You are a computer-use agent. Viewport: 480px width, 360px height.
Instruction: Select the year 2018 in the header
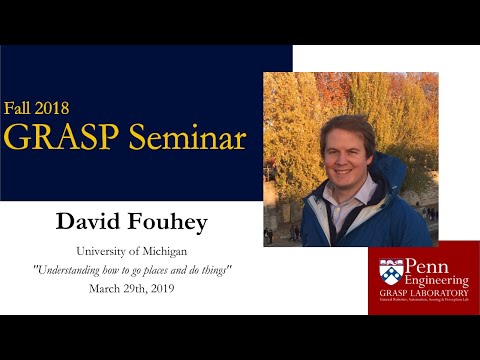55,107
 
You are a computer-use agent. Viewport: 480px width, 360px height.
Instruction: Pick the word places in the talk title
174,269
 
